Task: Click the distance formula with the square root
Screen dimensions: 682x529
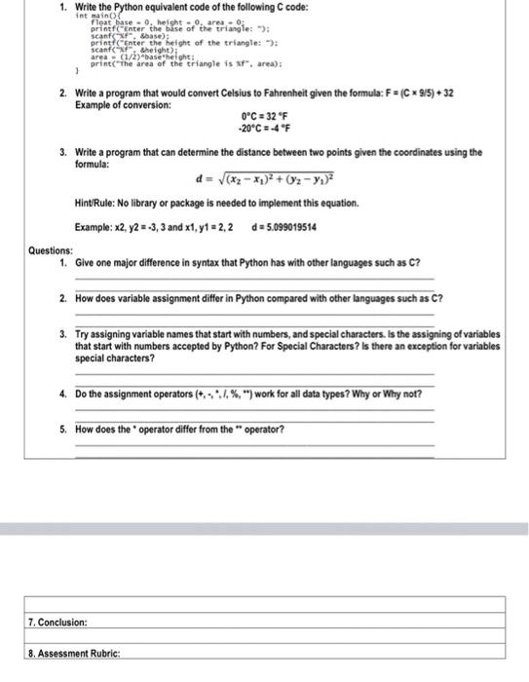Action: coord(264,180)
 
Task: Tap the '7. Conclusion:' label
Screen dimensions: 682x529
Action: coord(58,621)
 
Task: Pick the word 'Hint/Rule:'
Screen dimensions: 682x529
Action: coord(98,204)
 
